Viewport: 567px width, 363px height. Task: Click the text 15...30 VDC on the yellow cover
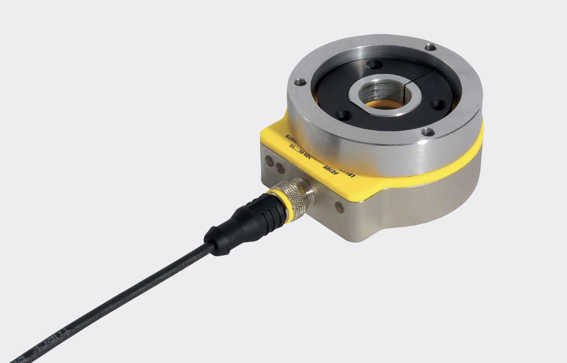point(303,151)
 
